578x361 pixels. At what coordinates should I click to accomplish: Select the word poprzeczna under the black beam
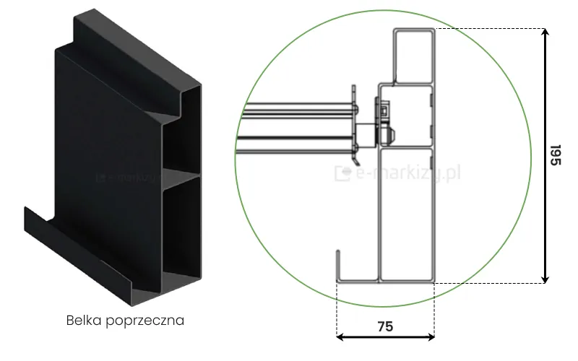(x=145, y=321)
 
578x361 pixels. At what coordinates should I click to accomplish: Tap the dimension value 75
(x=385, y=326)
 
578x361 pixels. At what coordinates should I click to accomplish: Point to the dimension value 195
(x=555, y=155)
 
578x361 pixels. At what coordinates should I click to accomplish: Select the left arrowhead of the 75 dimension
(x=340, y=336)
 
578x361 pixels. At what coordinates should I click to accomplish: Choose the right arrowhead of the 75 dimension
(x=431, y=336)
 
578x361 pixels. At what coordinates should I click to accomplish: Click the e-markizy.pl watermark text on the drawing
(x=408, y=173)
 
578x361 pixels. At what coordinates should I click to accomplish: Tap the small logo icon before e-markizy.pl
(x=342, y=173)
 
